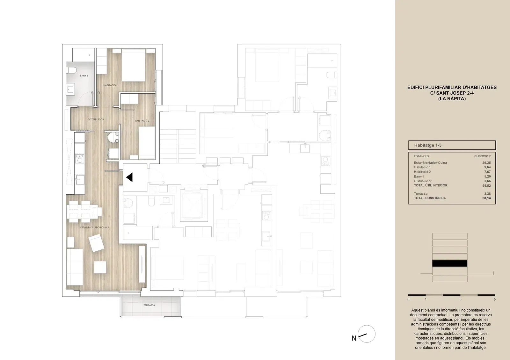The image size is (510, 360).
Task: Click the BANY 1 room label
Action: (84, 76)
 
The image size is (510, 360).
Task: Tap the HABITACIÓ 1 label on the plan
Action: (110, 85)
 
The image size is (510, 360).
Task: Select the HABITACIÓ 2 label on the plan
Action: (142, 121)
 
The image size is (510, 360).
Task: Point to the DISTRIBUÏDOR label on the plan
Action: (96, 119)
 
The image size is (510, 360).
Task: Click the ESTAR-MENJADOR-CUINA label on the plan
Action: (94, 227)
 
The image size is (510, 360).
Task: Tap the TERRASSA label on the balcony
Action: (149, 305)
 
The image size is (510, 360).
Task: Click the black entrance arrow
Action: (129, 177)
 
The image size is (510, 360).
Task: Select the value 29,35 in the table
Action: (486, 163)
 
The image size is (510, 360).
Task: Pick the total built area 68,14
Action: (486, 198)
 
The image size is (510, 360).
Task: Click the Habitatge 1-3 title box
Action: (452, 145)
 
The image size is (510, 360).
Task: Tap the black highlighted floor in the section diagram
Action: (450, 263)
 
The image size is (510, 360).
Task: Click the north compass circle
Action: (367, 334)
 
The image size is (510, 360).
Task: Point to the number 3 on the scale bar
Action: (460, 299)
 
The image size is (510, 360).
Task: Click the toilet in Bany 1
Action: (71, 70)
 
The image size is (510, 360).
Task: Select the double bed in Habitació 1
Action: (134, 65)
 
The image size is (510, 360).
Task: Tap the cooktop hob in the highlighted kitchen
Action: (80, 159)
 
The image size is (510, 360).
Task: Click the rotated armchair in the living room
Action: (97, 243)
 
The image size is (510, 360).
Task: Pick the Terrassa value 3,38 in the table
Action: (487, 194)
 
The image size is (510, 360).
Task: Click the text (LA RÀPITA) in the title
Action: (452, 99)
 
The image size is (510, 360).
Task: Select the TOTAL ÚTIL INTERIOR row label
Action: (431, 185)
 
